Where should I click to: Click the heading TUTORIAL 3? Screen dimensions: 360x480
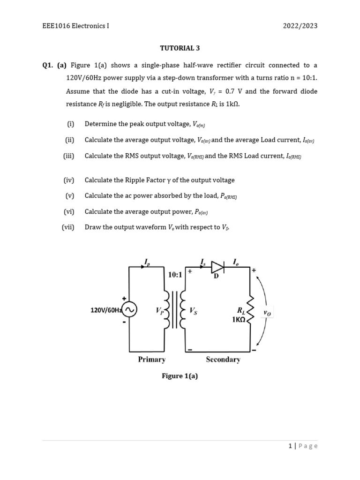(180, 48)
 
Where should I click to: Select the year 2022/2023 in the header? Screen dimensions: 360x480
(300, 26)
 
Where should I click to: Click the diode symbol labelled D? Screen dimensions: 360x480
(217, 267)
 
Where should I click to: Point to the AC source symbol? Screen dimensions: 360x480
(129, 309)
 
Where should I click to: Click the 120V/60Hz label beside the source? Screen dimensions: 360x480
(106, 310)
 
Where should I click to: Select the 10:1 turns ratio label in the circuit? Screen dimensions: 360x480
(175, 275)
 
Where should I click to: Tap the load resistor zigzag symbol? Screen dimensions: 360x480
(251, 309)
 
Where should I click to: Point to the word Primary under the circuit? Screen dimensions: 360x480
(152, 360)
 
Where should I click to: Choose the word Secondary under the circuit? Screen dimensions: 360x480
(223, 360)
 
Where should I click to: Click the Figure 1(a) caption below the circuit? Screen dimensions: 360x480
(180, 376)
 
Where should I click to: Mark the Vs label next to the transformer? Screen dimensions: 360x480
(194, 310)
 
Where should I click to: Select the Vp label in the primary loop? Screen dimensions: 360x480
(159, 310)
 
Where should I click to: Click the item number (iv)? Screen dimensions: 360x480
(69, 180)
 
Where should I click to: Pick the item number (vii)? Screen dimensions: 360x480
(68, 227)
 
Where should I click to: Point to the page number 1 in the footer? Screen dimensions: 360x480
(291, 446)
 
